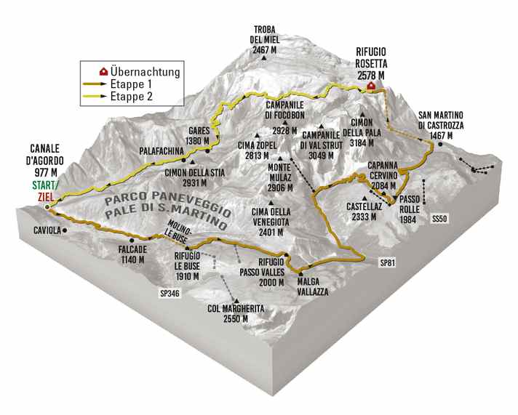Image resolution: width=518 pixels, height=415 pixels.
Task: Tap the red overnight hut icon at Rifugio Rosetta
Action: pos(371,86)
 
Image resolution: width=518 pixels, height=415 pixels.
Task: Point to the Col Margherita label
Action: pos(234,313)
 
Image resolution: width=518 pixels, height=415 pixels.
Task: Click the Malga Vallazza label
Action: pos(312,286)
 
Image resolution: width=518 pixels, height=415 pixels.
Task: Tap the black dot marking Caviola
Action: pos(65,230)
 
